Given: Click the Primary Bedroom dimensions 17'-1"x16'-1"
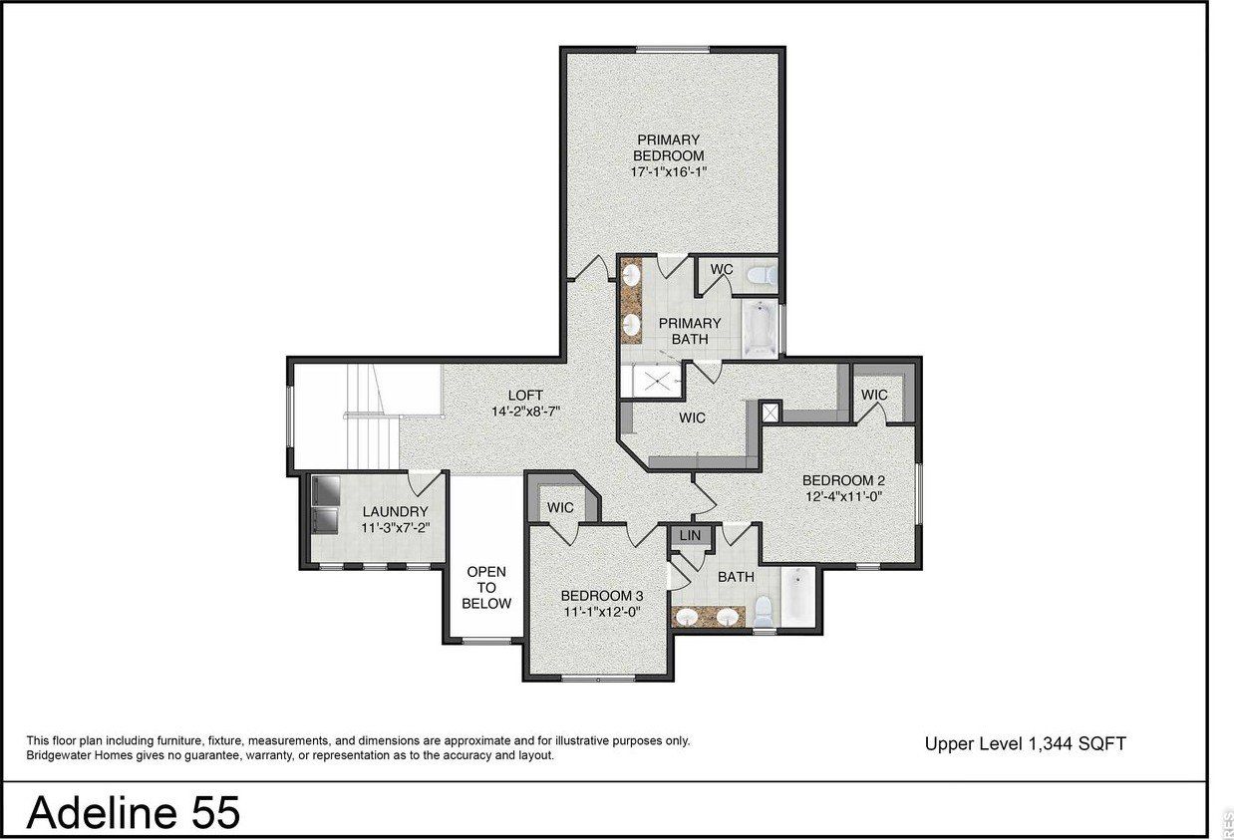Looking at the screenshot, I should point(668,172).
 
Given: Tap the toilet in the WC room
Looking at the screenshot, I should point(760,273).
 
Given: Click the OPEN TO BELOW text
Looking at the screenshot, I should point(486,588).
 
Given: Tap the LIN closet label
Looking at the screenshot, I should point(690,536).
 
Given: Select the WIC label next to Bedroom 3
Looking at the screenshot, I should point(560,507).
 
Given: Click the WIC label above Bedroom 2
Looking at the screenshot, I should point(874,395).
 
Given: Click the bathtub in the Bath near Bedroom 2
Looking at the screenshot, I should point(798,598).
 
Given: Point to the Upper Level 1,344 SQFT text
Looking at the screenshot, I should point(1025,743).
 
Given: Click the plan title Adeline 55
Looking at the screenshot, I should point(133,813).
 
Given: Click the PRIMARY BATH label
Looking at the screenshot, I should point(689,331).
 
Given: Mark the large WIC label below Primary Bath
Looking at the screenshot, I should point(692,418).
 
